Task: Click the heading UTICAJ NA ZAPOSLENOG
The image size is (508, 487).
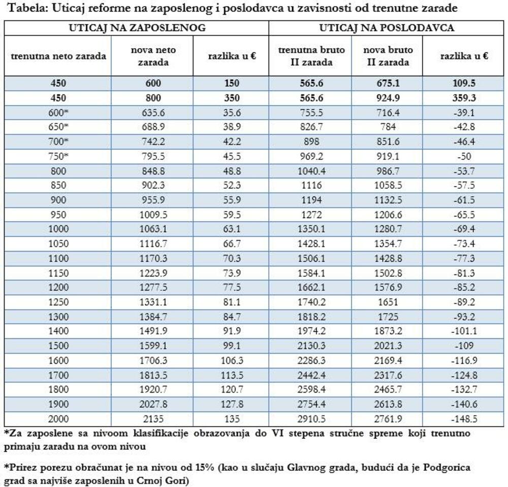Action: pyautogui.click(x=137, y=28)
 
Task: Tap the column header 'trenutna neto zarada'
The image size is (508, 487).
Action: pyautogui.click(x=58, y=56)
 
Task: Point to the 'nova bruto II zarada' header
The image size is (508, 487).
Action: pyautogui.click(x=389, y=56)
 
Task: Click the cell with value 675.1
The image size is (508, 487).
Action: pyautogui.click(x=389, y=83)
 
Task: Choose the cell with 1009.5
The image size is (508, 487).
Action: pyautogui.click(x=152, y=215)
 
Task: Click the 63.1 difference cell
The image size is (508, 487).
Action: pyautogui.click(x=232, y=229)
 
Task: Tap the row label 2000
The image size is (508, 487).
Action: pyautogui.click(x=58, y=420)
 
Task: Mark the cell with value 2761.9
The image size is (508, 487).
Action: pyautogui.click(x=389, y=420)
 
